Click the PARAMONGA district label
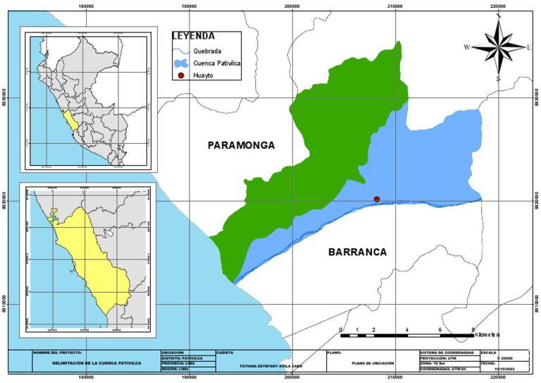click(x=241, y=145)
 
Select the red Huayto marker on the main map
click(x=377, y=199)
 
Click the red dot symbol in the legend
click(x=181, y=75)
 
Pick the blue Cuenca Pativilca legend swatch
click(x=182, y=63)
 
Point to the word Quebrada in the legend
click(x=208, y=51)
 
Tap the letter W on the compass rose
click(x=466, y=47)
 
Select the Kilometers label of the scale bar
click(x=485, y=334)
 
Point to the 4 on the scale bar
click(x=407, y=329)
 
